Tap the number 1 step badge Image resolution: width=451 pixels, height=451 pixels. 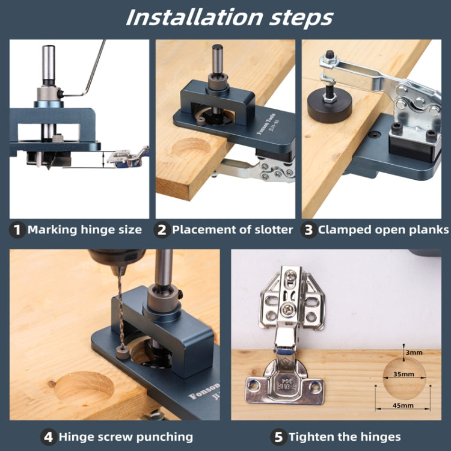[17, 230]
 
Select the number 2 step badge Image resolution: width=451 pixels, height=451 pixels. [162, 230]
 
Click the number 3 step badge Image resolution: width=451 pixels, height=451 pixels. [308, 230]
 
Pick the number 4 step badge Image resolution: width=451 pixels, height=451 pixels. [48, 437]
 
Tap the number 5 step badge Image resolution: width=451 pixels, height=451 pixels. [278, 437]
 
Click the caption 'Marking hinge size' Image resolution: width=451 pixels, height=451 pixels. [85, 230]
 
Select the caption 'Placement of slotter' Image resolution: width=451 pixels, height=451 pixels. [233, 230]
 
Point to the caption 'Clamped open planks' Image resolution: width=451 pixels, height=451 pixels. [383, 230]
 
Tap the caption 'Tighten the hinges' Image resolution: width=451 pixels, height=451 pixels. [345, 437]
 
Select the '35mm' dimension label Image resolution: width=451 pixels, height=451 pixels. [403, 374]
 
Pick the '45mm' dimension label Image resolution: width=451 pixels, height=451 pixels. [403, 405]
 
